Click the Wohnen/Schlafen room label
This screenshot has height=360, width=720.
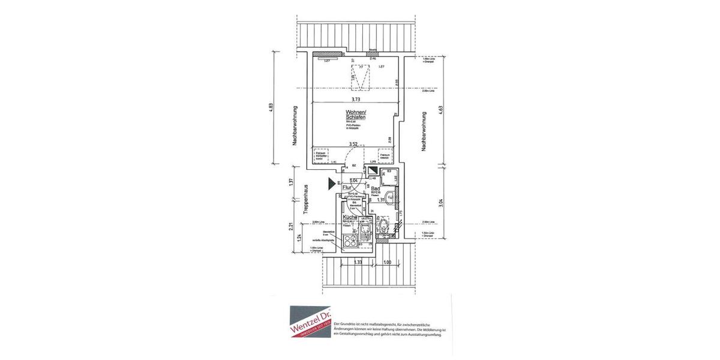355,115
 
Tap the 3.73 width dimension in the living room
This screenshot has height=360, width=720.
356,100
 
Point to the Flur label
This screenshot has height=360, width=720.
347,188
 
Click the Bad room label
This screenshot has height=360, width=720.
376,188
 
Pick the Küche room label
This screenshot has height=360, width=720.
350,217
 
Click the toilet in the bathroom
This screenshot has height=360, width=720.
383,226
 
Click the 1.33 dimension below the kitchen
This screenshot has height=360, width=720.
358,262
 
